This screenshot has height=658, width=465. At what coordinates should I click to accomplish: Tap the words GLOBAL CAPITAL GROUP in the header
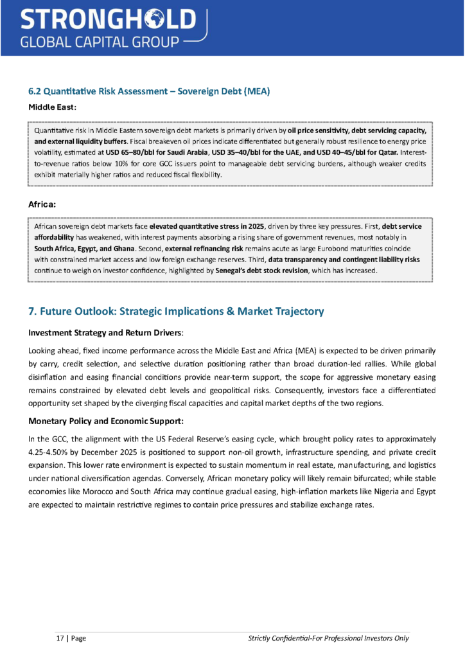99,42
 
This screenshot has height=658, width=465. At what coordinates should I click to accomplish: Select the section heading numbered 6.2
149,91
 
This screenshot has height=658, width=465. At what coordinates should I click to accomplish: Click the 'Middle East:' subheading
53,107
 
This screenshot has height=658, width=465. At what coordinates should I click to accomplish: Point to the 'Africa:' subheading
42,204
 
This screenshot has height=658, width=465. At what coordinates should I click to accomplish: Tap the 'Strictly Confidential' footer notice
328,638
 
